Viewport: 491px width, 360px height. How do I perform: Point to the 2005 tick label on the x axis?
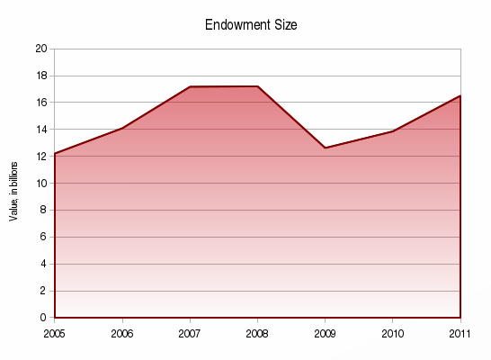(55, 333)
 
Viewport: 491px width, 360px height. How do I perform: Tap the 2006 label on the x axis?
(122, 333)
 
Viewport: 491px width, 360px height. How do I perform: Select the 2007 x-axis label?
(190, 333)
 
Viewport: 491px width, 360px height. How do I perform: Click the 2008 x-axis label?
(257, 333)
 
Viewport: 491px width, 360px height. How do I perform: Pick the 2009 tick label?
(325, 333)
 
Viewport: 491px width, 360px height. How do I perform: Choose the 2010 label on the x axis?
(392, 333)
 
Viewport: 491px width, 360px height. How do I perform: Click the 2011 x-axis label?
(460, 333)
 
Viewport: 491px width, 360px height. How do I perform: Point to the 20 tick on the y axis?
(40, 49)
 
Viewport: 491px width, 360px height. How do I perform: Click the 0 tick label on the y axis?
(43, 318)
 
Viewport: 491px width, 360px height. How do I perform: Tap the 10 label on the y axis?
(40, 184)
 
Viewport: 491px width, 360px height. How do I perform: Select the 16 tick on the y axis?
(40, 103)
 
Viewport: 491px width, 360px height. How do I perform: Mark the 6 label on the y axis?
(43, 237)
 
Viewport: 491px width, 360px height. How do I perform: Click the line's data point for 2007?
(190, 87)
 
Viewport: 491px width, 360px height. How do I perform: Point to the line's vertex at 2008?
(257, 86)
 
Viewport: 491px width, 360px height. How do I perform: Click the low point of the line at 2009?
(325, 148)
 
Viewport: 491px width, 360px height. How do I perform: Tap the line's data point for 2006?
(122, 129)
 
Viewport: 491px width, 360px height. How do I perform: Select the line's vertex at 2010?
(392, 131)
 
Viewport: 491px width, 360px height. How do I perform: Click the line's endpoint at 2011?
(460, 96)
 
